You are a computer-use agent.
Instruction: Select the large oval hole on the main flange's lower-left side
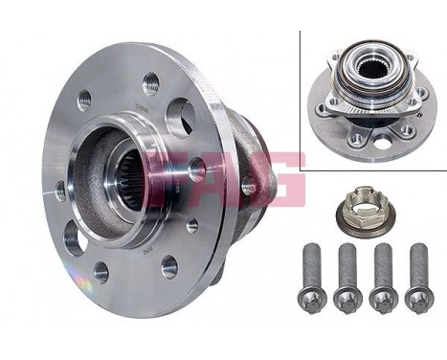75,236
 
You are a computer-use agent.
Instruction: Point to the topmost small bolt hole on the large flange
150,83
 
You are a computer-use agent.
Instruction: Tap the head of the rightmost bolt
418,299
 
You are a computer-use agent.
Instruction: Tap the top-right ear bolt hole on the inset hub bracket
414,59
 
